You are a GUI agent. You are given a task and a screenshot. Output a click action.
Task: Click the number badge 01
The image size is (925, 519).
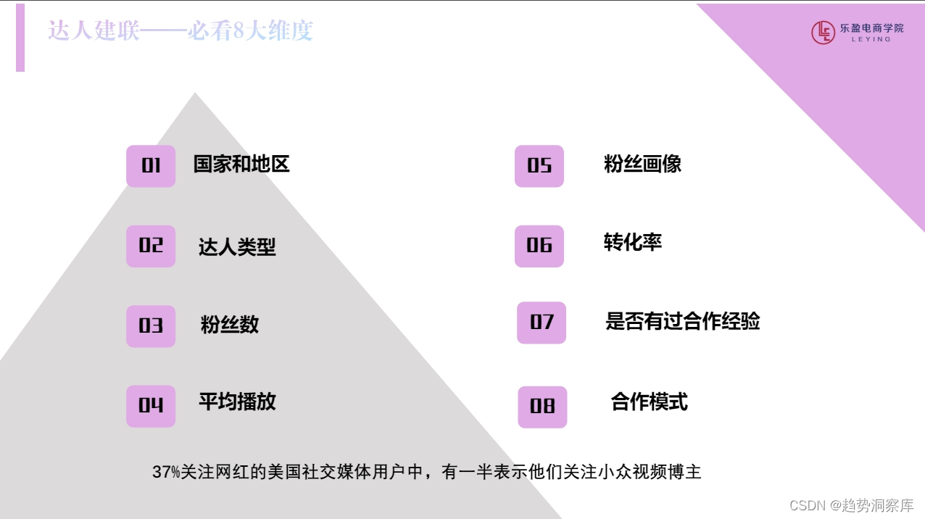coord(151,166)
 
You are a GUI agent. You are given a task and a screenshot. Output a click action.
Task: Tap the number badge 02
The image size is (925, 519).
coord(151,246)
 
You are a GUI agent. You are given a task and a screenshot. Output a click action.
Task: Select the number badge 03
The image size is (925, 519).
coord(151,325)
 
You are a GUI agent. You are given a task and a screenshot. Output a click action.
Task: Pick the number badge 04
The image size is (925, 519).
coord(151,406)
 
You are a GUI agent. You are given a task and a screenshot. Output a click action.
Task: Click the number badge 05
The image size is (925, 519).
coord(539,166)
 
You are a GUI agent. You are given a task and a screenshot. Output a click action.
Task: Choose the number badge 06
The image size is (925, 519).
coord(539,246)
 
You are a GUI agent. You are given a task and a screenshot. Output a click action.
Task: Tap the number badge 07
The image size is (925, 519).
coord(542,323)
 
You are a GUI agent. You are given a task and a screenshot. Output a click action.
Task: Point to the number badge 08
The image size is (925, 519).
coord(542,407)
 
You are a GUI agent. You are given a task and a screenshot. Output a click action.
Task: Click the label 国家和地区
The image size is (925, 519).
coord(241,164)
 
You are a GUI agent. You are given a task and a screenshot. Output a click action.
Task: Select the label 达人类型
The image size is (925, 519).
coord(237,247)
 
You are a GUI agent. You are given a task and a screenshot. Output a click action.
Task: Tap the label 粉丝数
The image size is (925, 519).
coord(230,325)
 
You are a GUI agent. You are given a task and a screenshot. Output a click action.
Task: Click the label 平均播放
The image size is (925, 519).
coord(237,402)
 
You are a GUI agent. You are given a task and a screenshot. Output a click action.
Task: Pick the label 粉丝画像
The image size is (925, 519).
coord(642,164)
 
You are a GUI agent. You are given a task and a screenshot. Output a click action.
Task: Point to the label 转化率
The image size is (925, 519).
coord(633,242)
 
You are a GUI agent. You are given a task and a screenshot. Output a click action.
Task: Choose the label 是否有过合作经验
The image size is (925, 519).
coord(683,321)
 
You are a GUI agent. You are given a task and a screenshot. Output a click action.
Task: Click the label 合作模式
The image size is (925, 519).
coord(649,402)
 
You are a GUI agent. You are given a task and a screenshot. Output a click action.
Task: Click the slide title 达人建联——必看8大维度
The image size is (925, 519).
coord(181,31)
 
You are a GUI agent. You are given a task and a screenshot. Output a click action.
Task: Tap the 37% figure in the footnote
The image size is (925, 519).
coord(166,473)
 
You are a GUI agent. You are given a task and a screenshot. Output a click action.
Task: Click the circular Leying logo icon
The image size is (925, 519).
coord(823,33)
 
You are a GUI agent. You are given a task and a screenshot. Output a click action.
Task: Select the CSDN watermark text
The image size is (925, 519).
coord(851,505)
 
